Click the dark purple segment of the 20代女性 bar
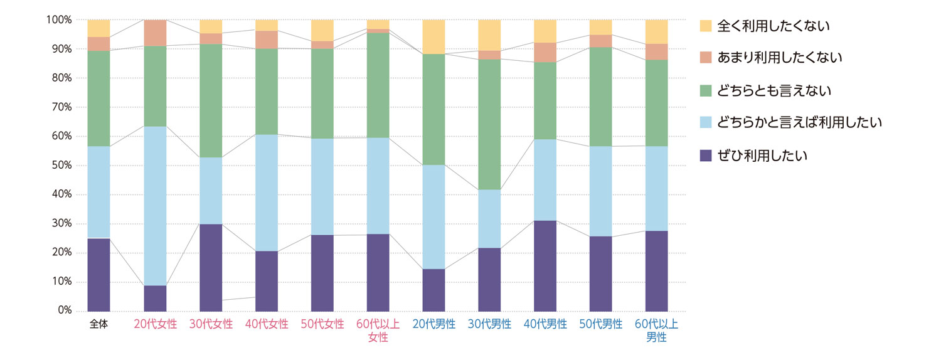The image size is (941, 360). [x=155, y=298]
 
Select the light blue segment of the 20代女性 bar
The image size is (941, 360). [x=155, y=206]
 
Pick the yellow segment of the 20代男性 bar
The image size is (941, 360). [x=434, y=37]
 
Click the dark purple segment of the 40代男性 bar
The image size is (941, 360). [x=546, y=265]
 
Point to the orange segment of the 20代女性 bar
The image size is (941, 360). [x=155, y=33]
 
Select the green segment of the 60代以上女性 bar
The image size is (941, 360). [x=378, y=85]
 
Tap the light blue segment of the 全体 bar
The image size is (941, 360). [x=99, y=192]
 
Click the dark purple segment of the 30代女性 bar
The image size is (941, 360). [x=211, y=267]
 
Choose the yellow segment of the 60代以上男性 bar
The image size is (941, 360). [x=657, y=31]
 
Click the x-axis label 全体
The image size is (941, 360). [x=99, y=325]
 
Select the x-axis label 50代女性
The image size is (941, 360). [x=322, y=325]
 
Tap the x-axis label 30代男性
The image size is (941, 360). [x=490, y=325]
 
